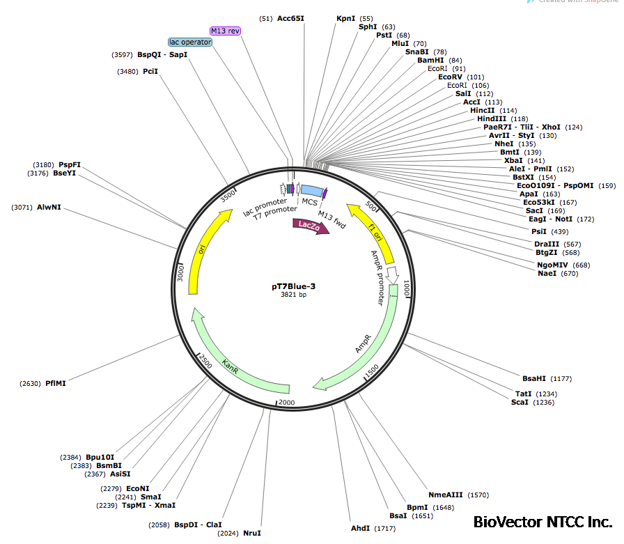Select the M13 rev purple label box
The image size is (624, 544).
[x=225, y=31]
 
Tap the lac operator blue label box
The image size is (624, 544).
[x=190, y=42]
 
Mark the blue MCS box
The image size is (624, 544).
[x=311, y=191]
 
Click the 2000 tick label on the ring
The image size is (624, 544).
[x=286, y=403]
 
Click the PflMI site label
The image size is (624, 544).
[x=56, y=383]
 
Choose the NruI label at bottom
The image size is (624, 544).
[x=252, y=533]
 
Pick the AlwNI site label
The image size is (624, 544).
[x=49, y=208]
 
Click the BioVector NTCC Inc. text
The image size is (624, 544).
[x=543, y=522]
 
